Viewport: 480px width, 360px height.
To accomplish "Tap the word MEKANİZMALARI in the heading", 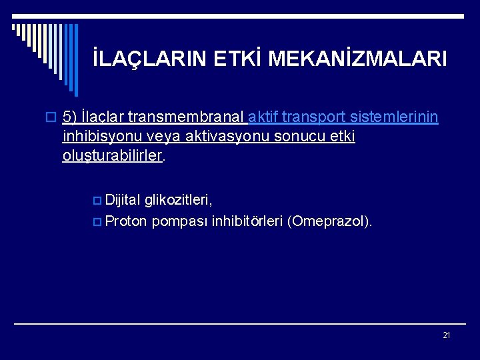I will (357, 59).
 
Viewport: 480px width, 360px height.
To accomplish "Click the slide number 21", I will (446, 335).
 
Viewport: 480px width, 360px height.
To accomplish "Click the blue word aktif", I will (263, 117).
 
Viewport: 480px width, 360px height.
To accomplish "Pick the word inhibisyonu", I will (97, 137).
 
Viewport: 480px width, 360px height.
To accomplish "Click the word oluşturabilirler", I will (112, 156).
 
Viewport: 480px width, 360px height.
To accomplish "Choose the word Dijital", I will (123, 199).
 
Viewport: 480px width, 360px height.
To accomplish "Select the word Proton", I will (127, 221).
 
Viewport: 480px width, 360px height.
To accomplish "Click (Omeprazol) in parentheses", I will (329, 221).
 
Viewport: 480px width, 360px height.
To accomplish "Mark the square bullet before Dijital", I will (99, 199).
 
